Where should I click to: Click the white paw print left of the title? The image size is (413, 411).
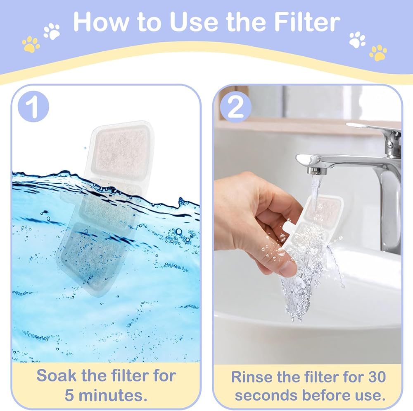pyautogui.click(x=52, y=31)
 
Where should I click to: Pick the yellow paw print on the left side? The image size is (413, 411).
pyautogui.click(x=31, y=44)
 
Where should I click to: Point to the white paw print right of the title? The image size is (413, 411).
pyautogui.click(x=357, y=40)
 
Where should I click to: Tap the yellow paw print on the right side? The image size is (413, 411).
pyautogui.click(x=378, y=53)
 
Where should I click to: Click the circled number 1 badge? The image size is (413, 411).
pyautogui.click(x=33, y=106)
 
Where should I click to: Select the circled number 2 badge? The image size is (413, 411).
pyautogui.click(x=235, y=107)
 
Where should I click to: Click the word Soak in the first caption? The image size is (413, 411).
pyautogui.click(x=57, y=375)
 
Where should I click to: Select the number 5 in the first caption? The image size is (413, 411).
pyautogui.click(x=69, y=395)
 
